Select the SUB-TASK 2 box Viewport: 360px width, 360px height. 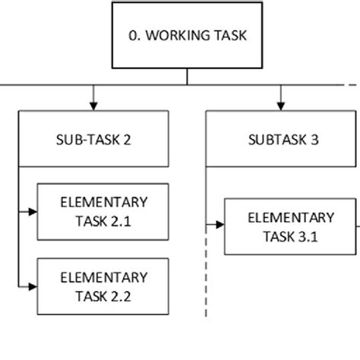point(93,140)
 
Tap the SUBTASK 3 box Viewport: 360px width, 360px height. point(282,140)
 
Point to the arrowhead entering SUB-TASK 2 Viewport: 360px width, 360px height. point(93,106)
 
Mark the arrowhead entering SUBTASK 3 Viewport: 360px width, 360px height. point(282,106)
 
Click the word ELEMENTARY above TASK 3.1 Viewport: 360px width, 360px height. point(291,217)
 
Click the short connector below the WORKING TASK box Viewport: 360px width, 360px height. point(187,77)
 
